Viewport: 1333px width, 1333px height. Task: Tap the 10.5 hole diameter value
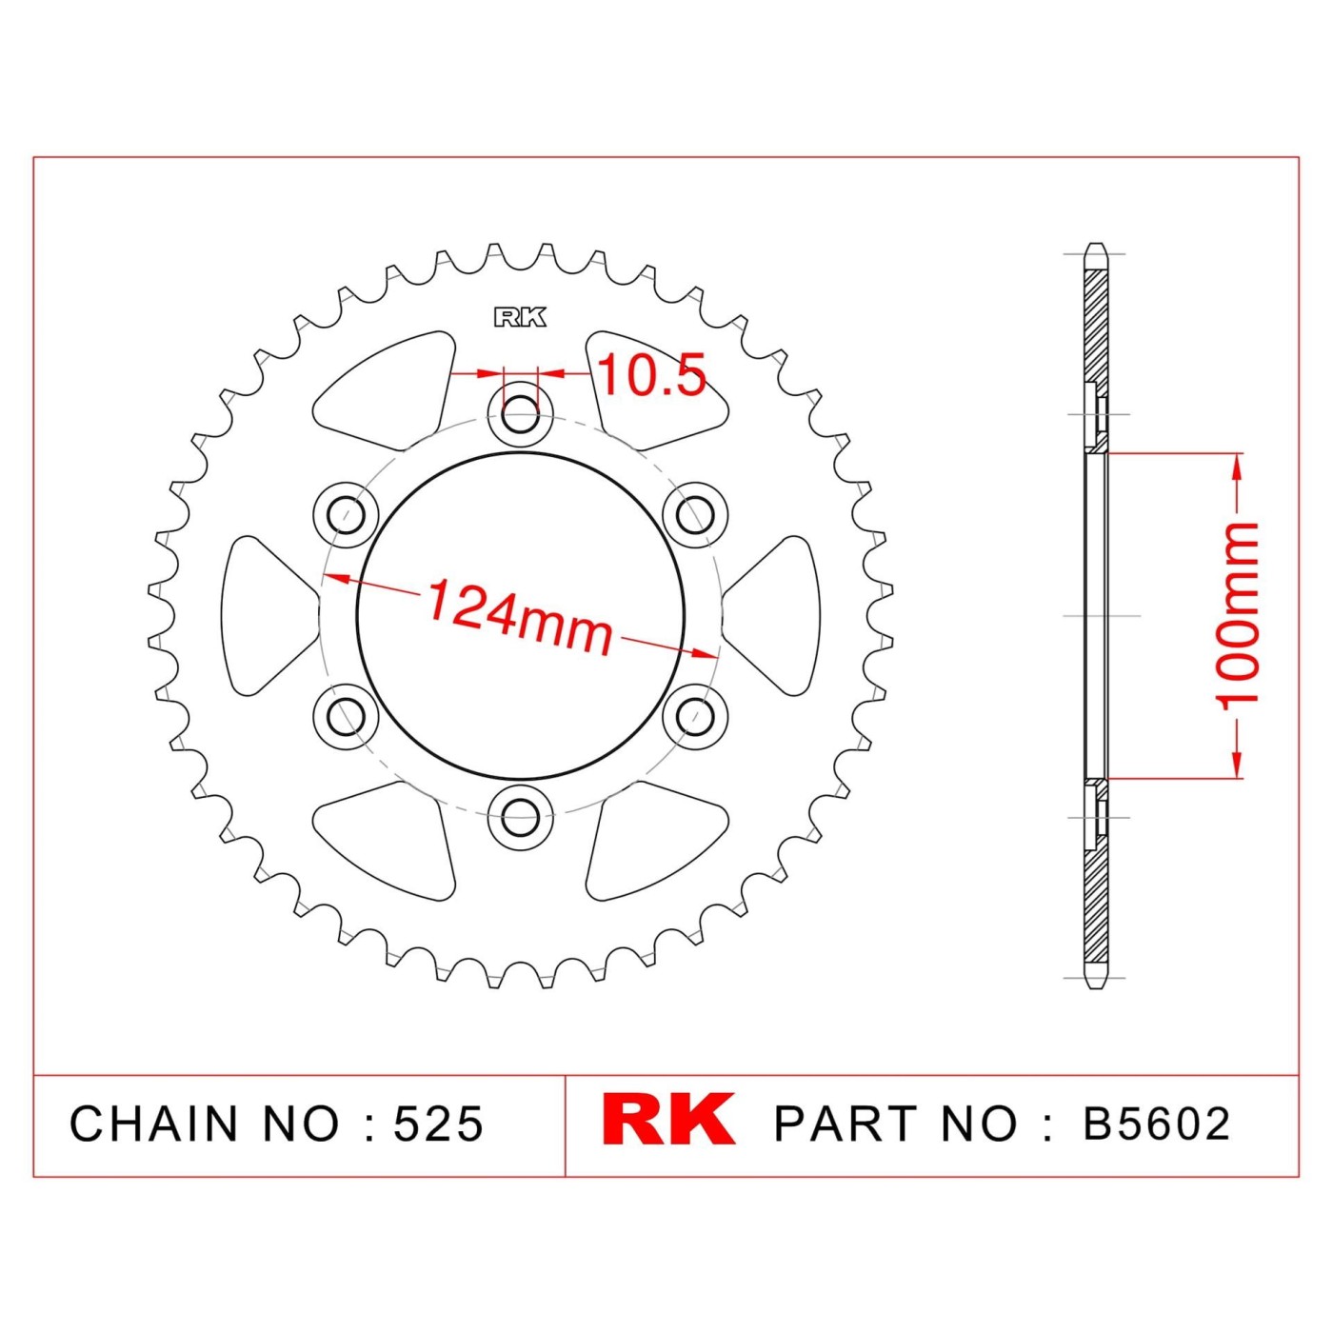pos(651,375)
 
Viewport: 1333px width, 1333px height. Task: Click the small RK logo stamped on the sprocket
pos(520,317)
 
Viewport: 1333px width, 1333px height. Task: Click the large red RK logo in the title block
pos(667,1120)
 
